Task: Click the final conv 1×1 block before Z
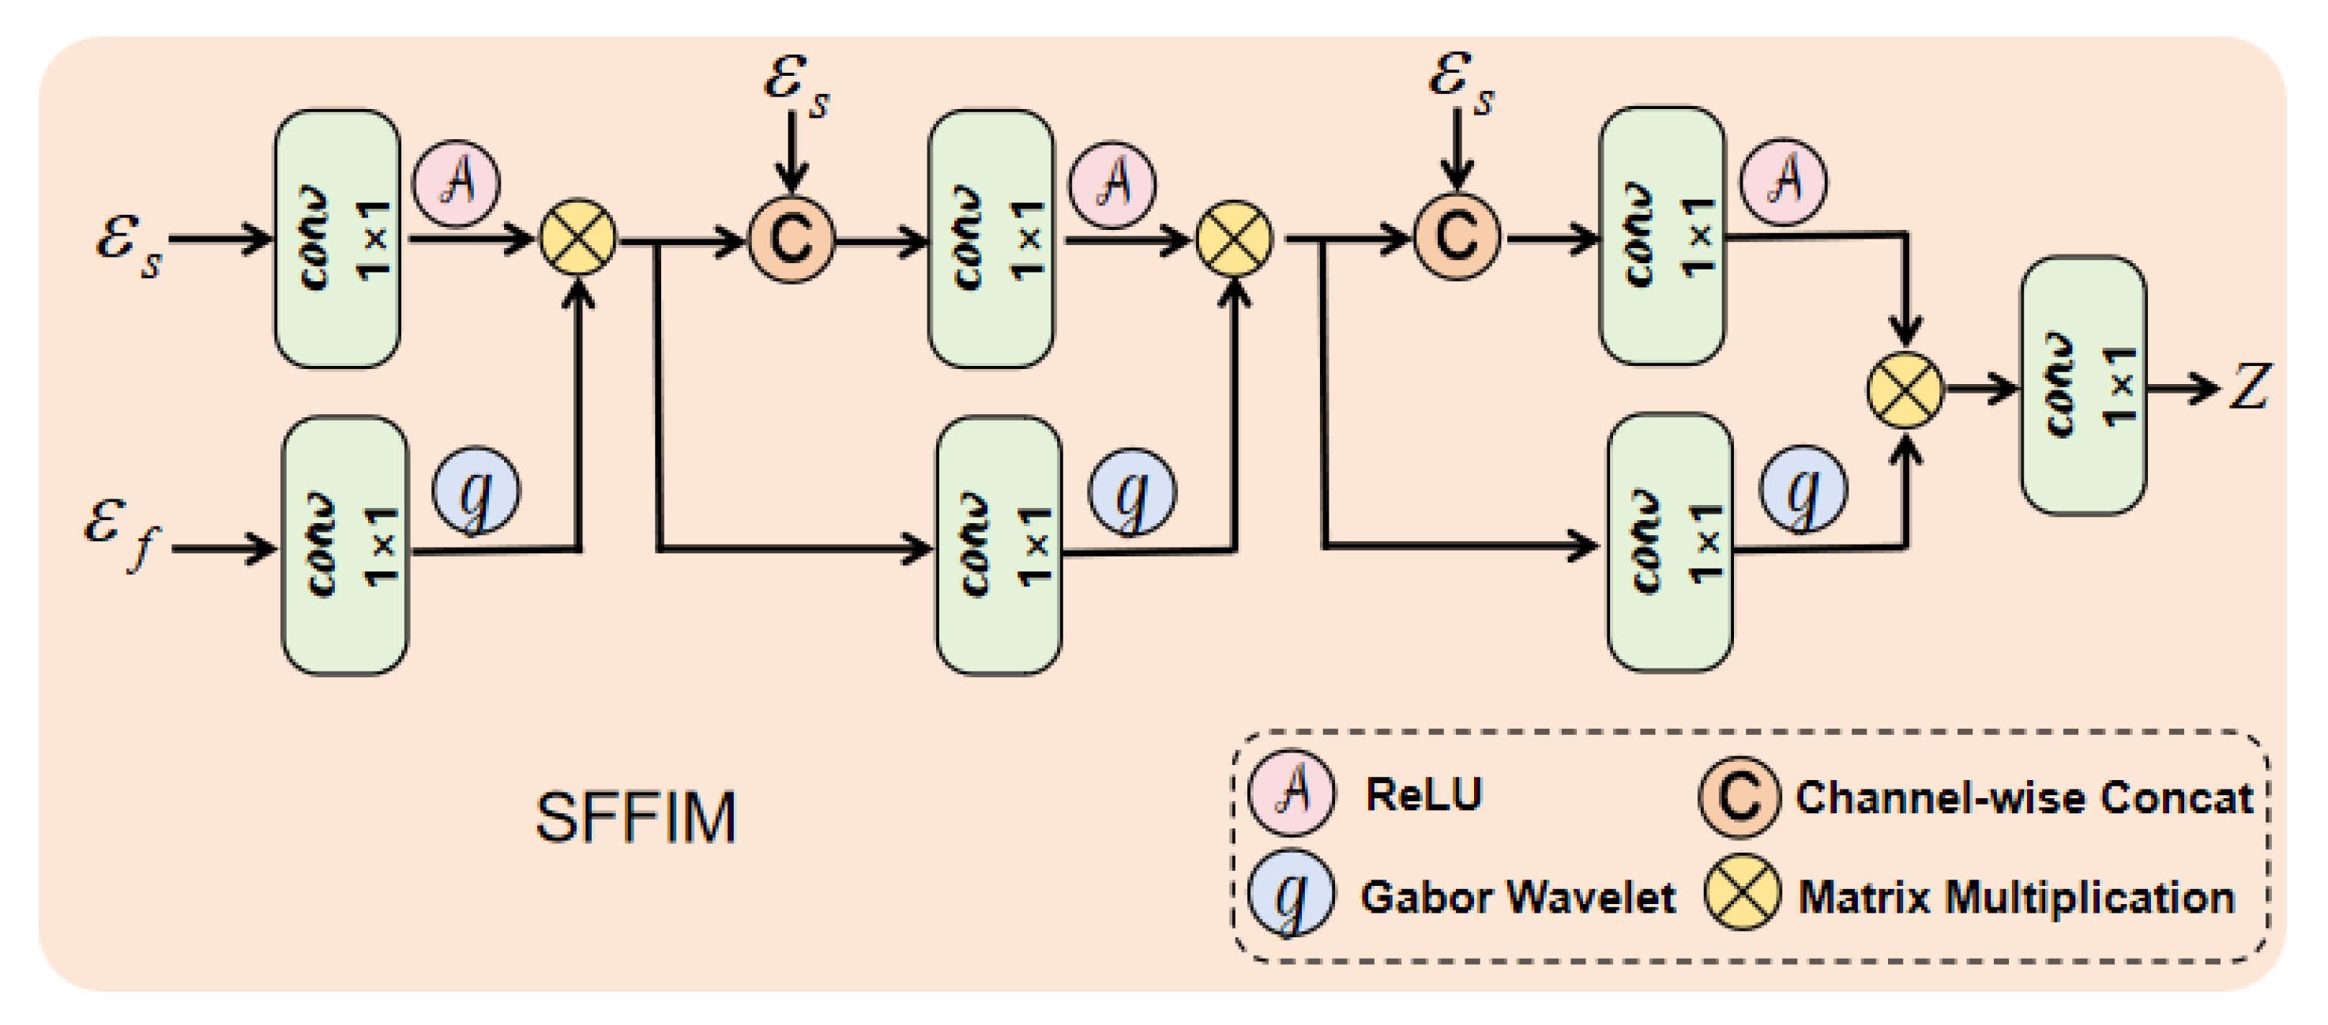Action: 2082,386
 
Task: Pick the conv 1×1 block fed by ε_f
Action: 344,545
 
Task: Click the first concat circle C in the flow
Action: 791,239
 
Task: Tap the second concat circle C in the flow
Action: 1456,237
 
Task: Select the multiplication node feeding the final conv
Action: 1905,390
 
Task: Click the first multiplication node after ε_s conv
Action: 577,239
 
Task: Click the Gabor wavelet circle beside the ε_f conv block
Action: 476,491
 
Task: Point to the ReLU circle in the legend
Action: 1291,791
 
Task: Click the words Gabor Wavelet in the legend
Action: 1518,898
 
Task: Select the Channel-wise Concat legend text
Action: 2023,798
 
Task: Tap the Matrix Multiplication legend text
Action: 2015,898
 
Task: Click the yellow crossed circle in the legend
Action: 1742,893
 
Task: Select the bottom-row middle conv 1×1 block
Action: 998,545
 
